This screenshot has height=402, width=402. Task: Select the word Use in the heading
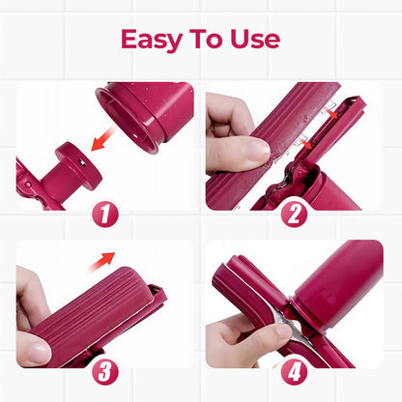[256, 40]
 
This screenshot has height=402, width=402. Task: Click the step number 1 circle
[105, 214]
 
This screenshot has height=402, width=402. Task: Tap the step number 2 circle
[294, 214]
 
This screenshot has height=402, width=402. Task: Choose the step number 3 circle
[105, 372]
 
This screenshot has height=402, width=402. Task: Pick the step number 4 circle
[294, 372]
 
